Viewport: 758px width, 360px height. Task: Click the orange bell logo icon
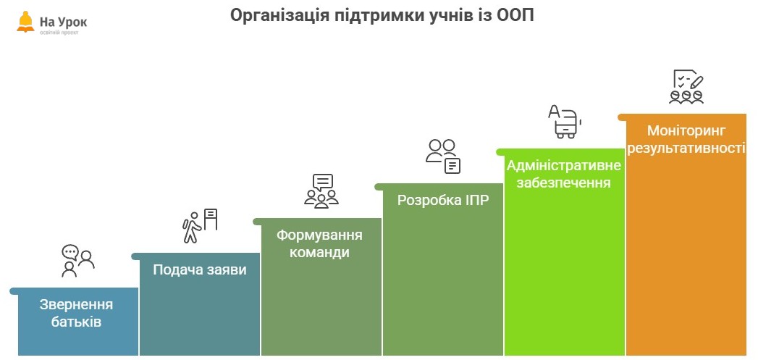pyautogui.click(x=25, y=22)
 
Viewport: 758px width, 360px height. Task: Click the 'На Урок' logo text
pyautogui.click(x=63, y=22)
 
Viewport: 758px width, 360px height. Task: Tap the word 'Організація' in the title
pyautogui.click(x=279, y=15)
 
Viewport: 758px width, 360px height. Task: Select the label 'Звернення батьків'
pyautogui.click(x=77, y=313)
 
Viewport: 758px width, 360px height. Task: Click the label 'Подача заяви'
pyautogui.click(x=200, y=269)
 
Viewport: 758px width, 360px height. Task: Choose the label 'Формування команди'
pyautogui.click(x=319, y=244)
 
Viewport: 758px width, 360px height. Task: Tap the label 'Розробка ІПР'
pyautogui.click(x=443, y=200)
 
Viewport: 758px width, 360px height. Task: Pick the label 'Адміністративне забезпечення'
pyautogui.click(x=564, y=174)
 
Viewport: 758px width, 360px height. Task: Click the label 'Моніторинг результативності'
pyautogui.click(x=686, y=139)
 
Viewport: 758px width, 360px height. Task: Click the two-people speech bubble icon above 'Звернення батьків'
pyautogui.click(x=78, y=261)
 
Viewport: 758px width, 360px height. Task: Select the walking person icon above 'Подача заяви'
pyautogui.click(x=200, y=226)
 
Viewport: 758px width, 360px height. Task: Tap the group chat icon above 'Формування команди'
pyautogui.click(x=321, y=191)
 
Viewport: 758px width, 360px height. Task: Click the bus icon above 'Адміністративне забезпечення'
pyautogui.click(x=565, y=122)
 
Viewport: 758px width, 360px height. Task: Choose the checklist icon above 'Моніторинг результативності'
pyautogui.click(x=686, y=87)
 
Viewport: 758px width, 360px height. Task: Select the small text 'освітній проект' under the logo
pyautogui.click(x=59, y=33)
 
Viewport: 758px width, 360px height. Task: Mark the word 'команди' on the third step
pyautogui.click(x=319, y=253)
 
